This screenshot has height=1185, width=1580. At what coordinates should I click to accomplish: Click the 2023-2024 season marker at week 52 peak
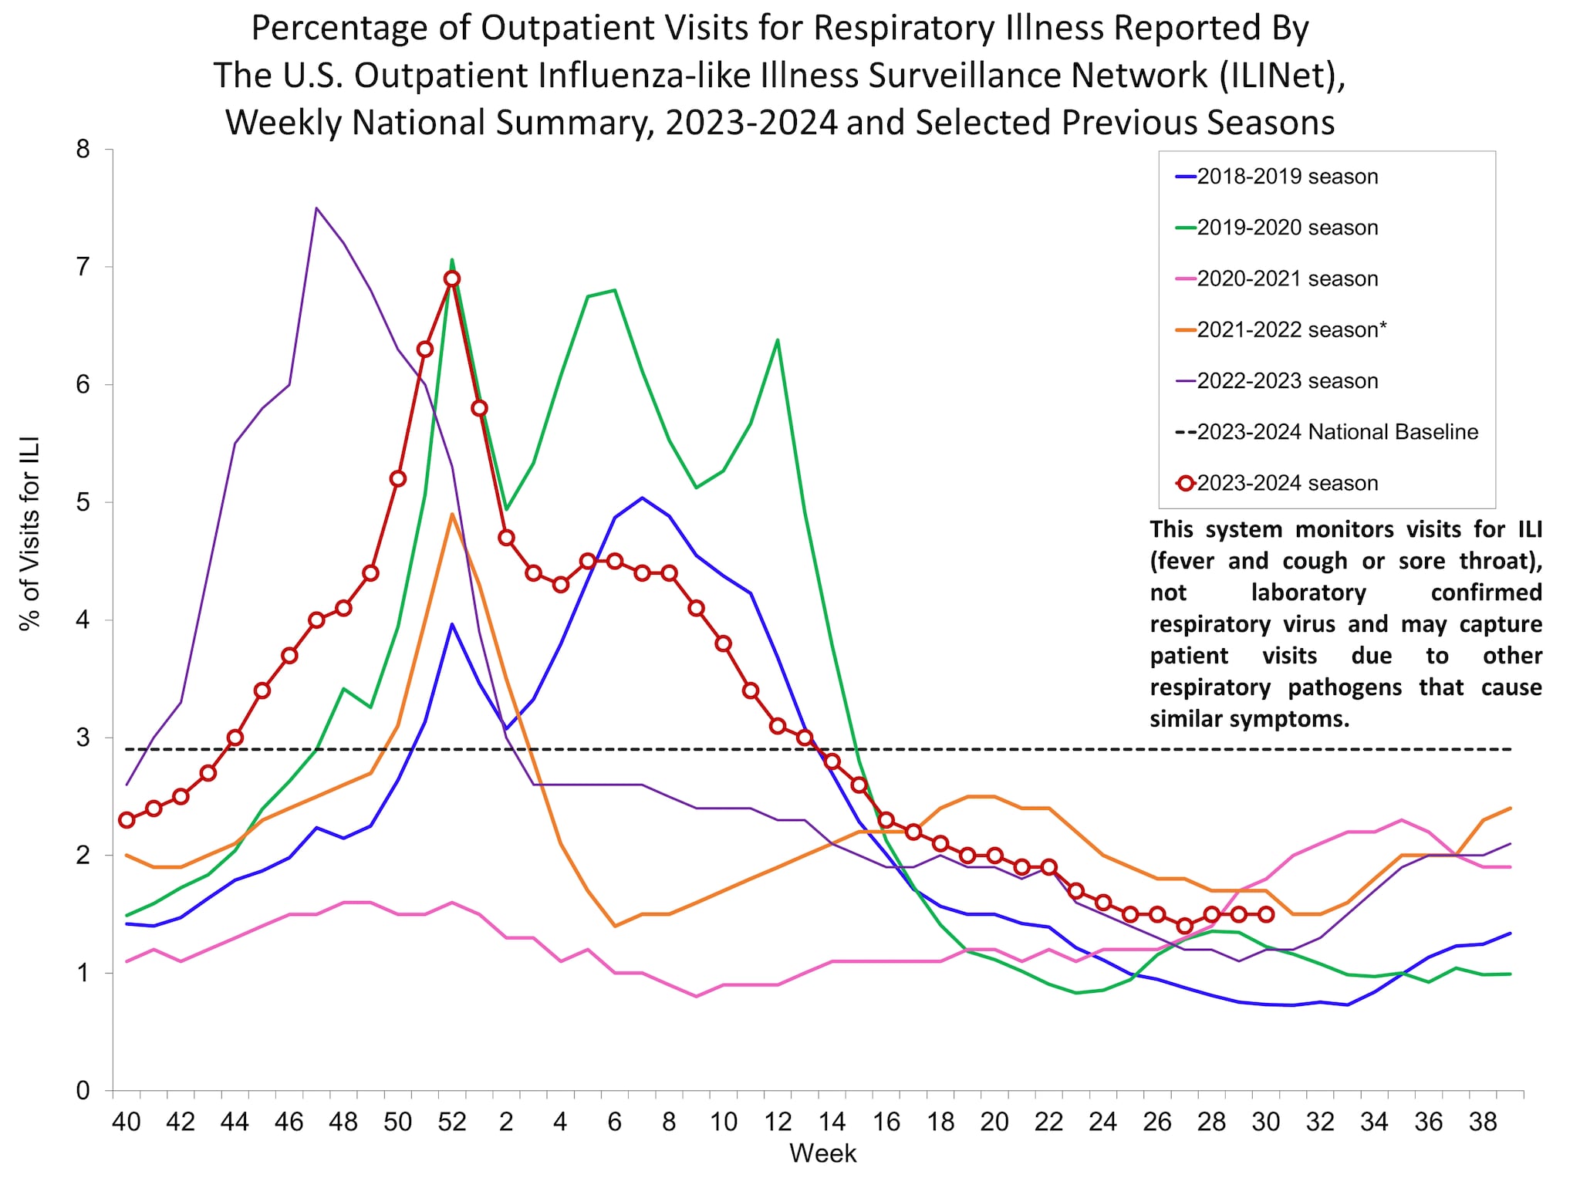pyautogui.click(x=452, y=279)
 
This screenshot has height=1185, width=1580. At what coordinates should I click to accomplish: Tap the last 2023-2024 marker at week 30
pyautogui.click(x=1266, y=914)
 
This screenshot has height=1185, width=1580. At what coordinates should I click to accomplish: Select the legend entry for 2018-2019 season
pyautogui.click(x=1287, y=177)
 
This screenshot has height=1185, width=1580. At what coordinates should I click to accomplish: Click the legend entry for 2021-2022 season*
pyautogui.click(x=1291, y=330)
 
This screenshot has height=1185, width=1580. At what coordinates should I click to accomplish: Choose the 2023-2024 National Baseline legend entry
pyautogui.click(x=1336, y=432)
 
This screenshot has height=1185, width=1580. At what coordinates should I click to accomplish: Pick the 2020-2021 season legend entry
pyautogui.click(x=1287, y=279)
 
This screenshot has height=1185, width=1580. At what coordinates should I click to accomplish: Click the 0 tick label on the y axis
pyautogui.click(x=83, y=1091)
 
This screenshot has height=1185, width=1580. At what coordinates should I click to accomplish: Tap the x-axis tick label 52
pyautogui.click(x=452, y=1122)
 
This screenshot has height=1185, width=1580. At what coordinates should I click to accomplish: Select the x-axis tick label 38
pyautogui.click(x=1483, y=1122)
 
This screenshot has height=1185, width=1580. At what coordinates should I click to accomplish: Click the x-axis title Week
pyautogui.click(x=822, y=1153)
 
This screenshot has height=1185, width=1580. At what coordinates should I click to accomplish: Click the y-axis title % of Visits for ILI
pyautogui.click(x=29, y=534)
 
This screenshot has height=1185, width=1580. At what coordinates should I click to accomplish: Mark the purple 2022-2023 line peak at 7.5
pyautogui.click(x=316, y=208)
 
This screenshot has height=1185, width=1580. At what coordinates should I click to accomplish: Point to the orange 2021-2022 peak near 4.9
pyautogui.click(x=452, y=515)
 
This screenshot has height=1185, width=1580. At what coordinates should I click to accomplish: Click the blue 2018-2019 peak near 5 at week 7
pyautogui.click(x=642, y=498)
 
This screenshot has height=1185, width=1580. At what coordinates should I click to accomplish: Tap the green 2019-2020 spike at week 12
pyautogui.click(x=777, y=340)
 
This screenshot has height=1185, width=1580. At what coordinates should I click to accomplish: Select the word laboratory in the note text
pyautogui.click(x=1308, y=592)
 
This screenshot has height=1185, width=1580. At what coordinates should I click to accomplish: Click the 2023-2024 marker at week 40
pyautogui.click(x=127, y=820)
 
